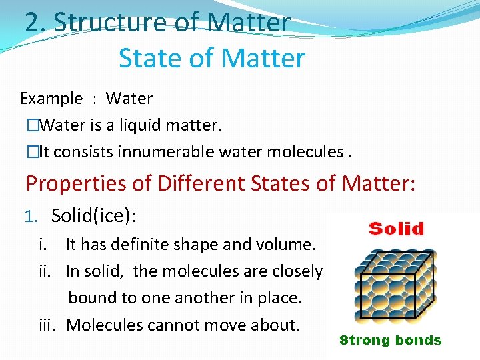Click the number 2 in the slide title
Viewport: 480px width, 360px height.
tap(32, 22)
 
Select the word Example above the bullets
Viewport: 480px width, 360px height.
tap(51, 99)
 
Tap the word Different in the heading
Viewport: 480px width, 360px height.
tap(200, 183)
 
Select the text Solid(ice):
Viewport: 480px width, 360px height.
tap(93, 215)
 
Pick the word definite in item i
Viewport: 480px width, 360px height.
tap(141, 245)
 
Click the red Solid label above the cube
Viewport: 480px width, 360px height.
tap(396, 230)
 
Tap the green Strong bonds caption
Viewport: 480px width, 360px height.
tap(390, 340)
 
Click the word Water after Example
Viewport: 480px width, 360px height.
tap(129, 99)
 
